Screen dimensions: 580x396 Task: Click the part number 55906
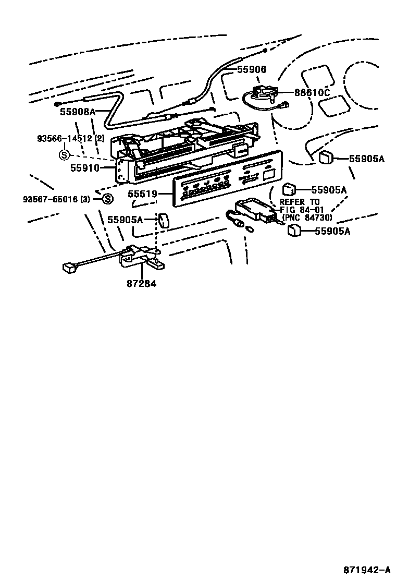tap(252, 69)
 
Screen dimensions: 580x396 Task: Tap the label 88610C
tap(312, 93)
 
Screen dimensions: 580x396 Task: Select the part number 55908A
tap(78, 111)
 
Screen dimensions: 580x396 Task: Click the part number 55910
tap(85, 168)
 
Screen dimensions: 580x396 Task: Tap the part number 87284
tap(141, 284)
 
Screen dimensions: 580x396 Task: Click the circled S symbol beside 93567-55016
tap(107, 199)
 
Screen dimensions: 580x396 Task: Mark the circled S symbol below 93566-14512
tap(64, 154)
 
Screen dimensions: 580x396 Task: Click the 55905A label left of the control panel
tap(125, 220)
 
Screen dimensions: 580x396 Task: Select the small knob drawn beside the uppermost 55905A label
tap(326, 157)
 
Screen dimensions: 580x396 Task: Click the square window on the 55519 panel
tap(269, 174)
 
